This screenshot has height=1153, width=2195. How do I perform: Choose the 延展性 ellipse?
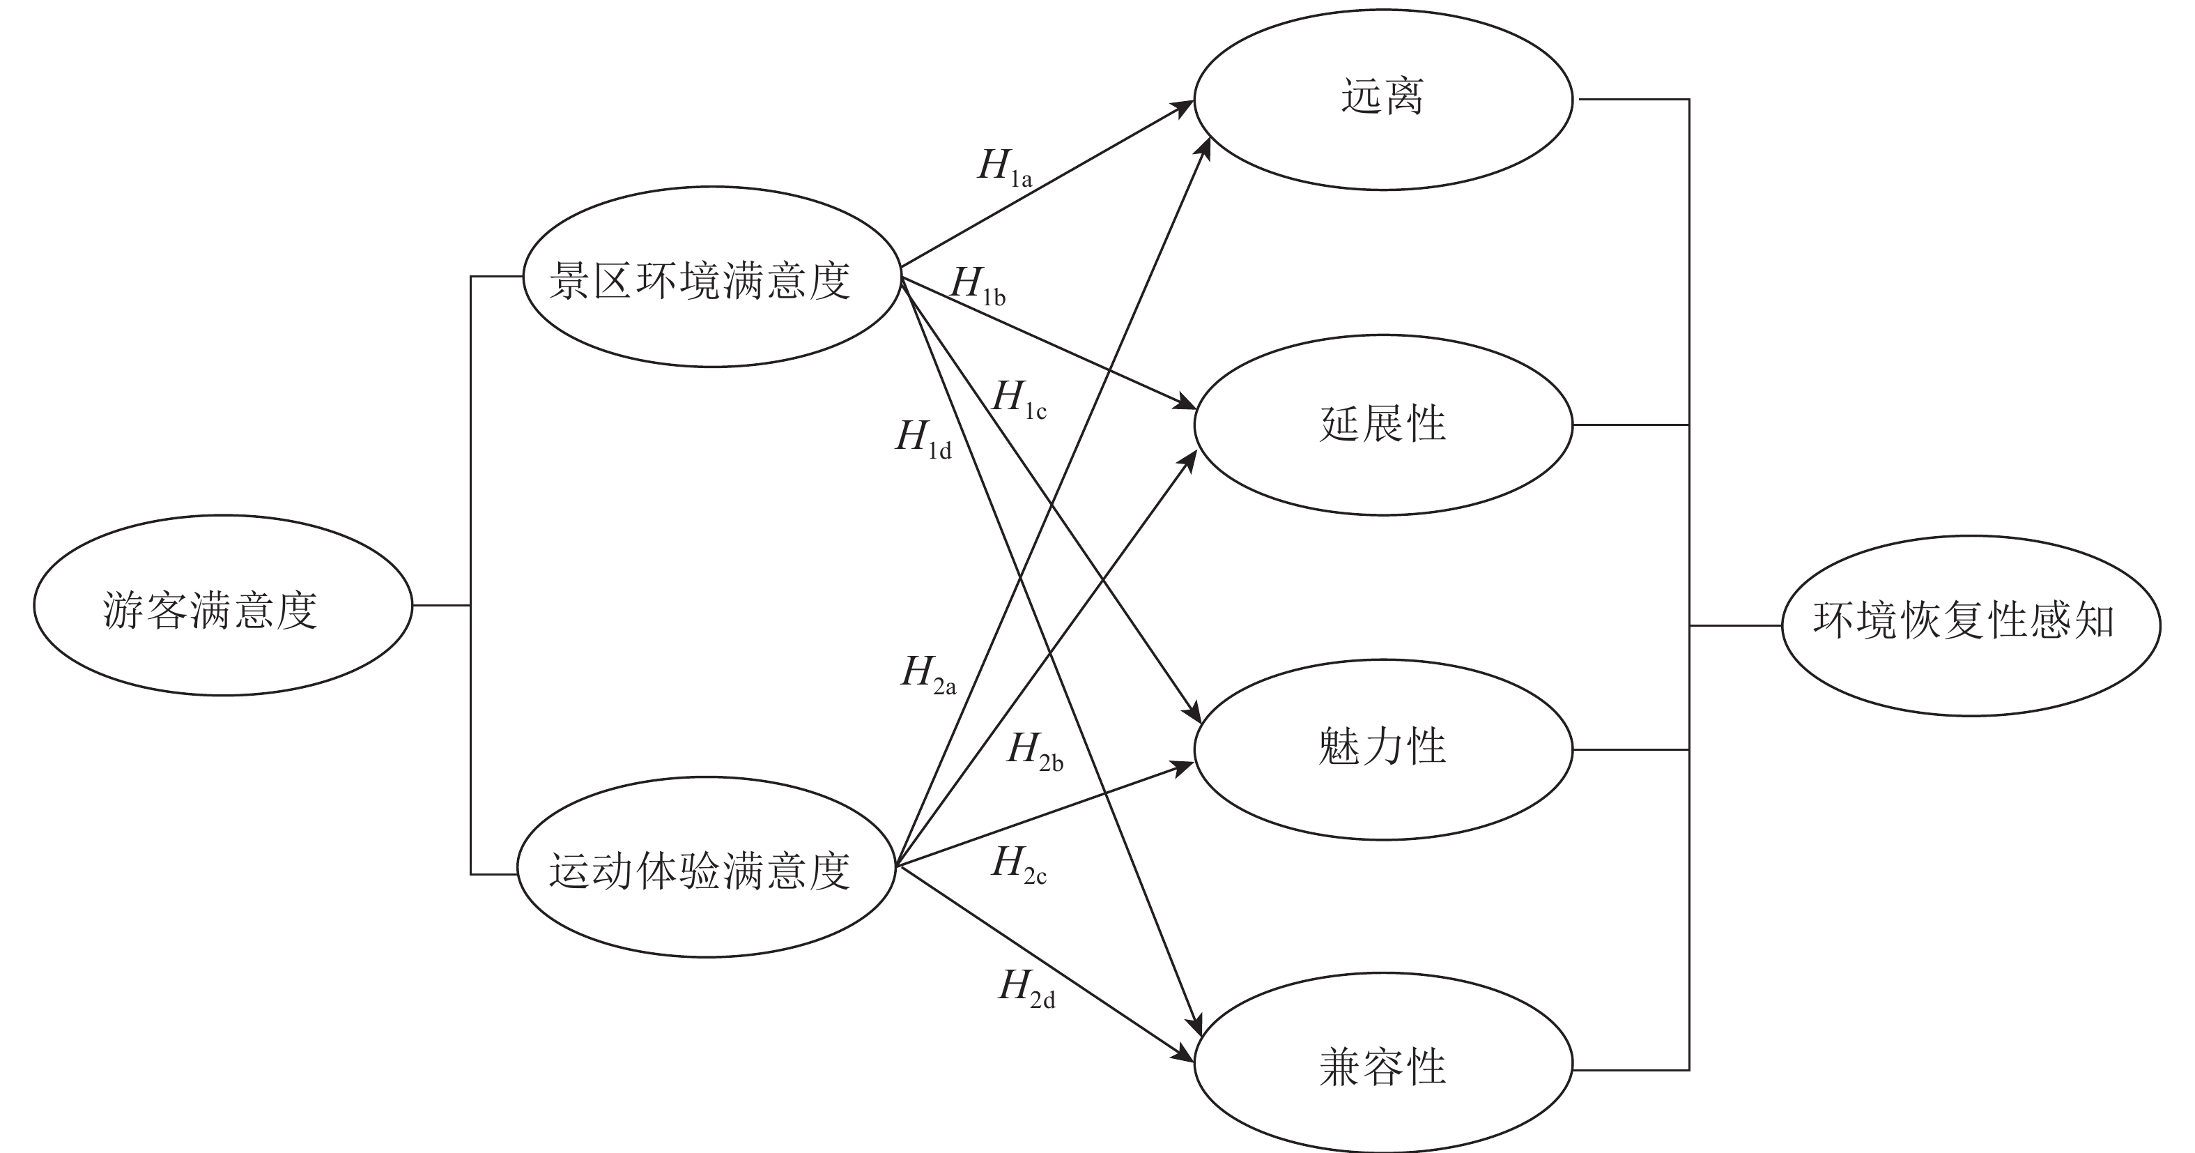point(1383,425)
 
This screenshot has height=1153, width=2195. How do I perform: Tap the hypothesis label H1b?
point(978,286)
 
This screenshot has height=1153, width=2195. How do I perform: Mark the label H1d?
point(923,440)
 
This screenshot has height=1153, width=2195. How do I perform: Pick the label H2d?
point(1026,988)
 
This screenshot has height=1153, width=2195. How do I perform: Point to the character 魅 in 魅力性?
point(1339,747)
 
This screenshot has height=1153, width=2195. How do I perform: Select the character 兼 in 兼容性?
point(1339,1068)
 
